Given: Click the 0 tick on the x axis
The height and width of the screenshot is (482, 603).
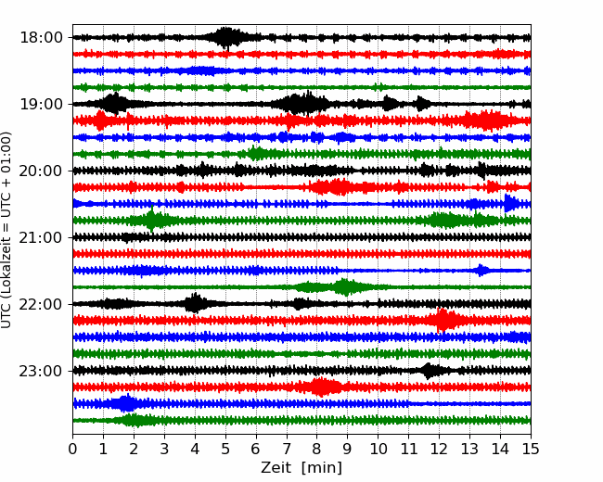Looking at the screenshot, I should pyautogui.click(x=73, y=450).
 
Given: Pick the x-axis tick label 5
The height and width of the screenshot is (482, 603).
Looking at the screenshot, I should pyautogui.click(x=225, y=450).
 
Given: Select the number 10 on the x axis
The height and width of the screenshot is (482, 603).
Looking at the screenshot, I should pyautogui.click(x=378, y=450).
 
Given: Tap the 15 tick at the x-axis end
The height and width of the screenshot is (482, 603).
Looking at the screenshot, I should pyautogui.click(x=530, y=450).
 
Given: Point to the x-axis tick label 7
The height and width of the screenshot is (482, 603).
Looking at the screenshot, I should pyautogui.click(x=287, y=450).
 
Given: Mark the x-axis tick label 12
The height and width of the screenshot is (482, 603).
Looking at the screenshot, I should pyautogui.click(x=439, y=450).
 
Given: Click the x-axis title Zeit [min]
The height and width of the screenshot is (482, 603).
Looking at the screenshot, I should pyautogui.click(x=301, y=468).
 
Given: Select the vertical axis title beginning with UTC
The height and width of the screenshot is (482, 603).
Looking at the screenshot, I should pyautogui.click(x=7, y=229).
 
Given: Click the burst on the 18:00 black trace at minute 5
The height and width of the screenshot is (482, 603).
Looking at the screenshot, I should pyautogui.click(x=226, y=37).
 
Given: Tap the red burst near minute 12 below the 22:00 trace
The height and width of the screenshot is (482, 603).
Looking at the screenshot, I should pyautogui.click(x=444, y=321).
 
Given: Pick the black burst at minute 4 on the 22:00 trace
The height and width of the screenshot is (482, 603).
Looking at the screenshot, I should pyautogui.click(x=195, y=303).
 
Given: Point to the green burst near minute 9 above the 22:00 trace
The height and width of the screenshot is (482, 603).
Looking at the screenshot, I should pyautogui.click(x=345, y=287).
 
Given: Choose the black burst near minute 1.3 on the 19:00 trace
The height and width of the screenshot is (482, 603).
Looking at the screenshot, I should pyautogui.click(x=114, y=104).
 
